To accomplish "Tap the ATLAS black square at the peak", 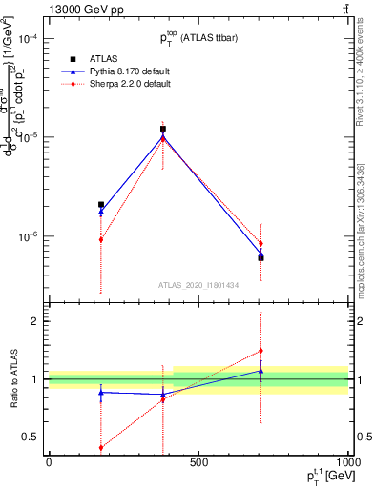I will (x=163, y=129).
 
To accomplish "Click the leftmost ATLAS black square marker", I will (x=101, y=204).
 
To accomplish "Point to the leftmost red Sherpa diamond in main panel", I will (x=101, y=239).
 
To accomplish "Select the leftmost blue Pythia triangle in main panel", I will (x=101, y=213).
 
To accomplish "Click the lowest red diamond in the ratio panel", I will (x=101, y=447).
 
